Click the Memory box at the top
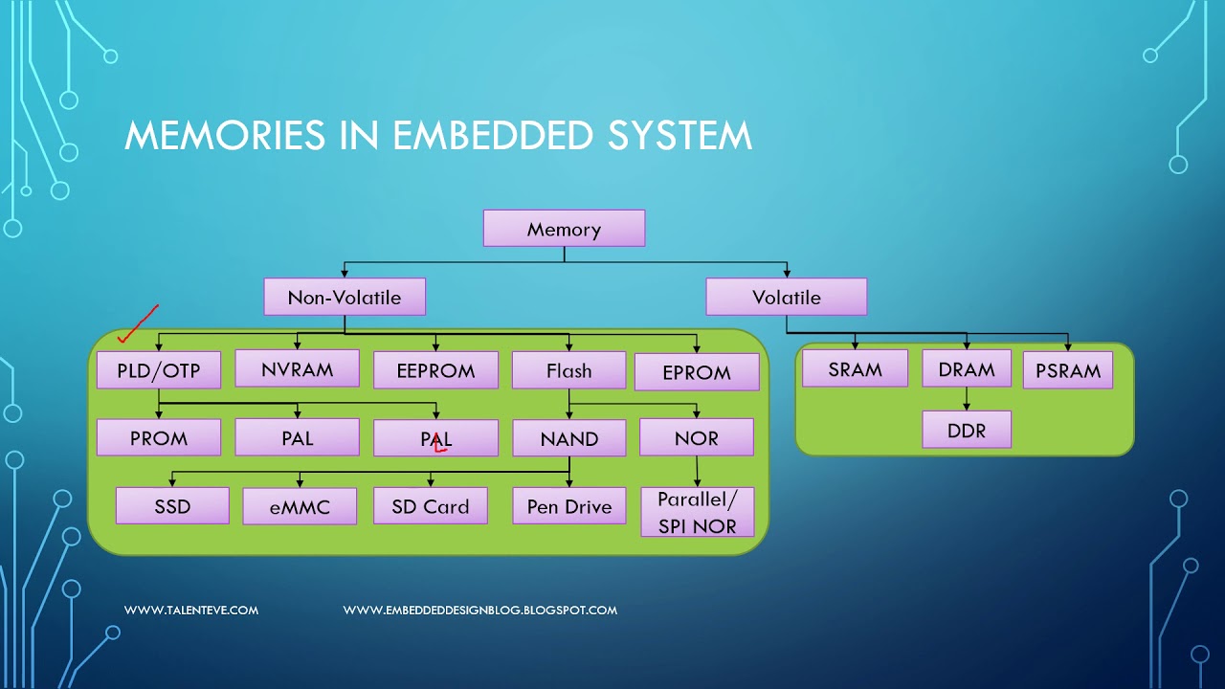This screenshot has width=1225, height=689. click(564, 229)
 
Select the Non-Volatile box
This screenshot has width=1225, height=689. click(345, 297)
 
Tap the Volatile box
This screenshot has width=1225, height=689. click(786, 297)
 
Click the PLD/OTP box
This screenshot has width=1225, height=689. click(159, 370)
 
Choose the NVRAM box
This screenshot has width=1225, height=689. click(297, 368)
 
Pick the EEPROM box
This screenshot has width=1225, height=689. click(435, 371)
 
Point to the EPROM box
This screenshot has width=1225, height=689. click(696, 372)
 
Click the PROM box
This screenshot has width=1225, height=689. click(159, 438)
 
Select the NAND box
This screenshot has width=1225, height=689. click(568, 439)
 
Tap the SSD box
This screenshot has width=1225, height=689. click(172, 506)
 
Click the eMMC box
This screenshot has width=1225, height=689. click(300, 507)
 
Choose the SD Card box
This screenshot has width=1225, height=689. click(430, 506)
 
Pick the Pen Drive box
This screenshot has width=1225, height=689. click(568, 506)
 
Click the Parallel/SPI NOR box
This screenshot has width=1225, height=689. click(696, 512)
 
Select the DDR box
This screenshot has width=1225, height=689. click(967, 430)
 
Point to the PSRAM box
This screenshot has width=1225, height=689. click(1067, 370)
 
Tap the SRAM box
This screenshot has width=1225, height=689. click(855, 368)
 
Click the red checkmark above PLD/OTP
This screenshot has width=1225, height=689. click(136, 325)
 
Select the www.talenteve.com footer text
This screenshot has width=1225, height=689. click(191, 610)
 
